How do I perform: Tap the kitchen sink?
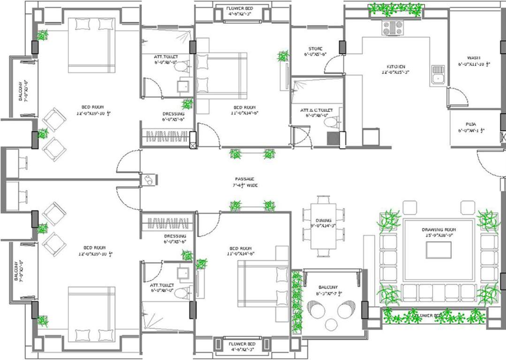click(438, 75)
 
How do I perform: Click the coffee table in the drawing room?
click(438, 250)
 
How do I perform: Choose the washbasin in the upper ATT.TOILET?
click(182, 86)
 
